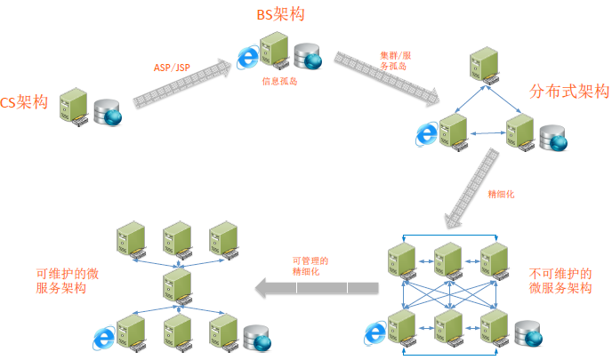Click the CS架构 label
[24, 103]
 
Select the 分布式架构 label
[568, 92]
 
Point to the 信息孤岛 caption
[278, 81]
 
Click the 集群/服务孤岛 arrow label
[396, 60]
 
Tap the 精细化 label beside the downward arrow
[502, 193]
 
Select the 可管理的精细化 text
[310, 267]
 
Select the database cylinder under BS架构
[307, 55]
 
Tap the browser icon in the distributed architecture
[428, 134]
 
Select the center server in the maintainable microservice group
[177, 286]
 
